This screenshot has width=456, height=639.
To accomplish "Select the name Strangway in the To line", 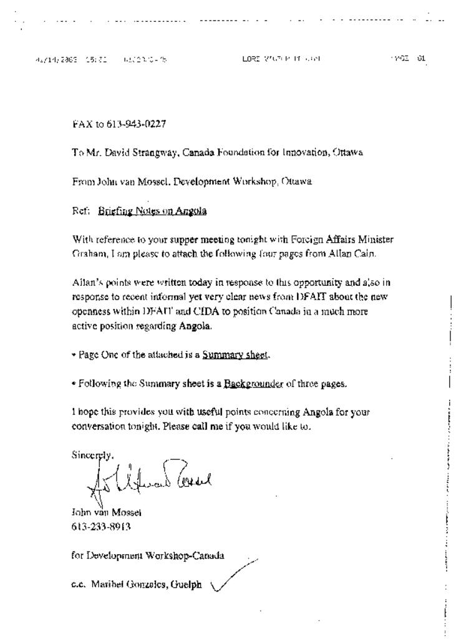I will click(146, 152).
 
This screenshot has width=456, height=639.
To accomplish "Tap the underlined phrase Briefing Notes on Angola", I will click(152, 211).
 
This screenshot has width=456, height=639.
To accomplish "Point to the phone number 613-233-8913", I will click(101, 526).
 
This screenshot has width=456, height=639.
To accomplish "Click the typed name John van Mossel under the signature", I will click(106, 512).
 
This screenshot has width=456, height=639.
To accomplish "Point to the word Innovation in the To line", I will click(305, 152).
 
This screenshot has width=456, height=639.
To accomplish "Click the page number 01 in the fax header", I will click(422, 59).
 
